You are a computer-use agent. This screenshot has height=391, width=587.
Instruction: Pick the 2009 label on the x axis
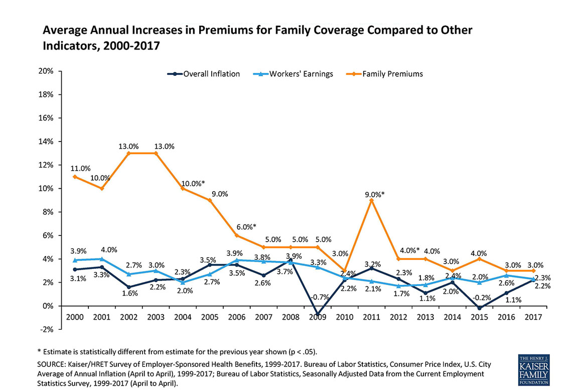317,317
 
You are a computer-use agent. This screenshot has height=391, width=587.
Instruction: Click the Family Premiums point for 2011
371,200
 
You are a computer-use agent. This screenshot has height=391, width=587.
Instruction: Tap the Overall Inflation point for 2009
318,314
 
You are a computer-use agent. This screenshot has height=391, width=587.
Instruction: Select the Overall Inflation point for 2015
480,308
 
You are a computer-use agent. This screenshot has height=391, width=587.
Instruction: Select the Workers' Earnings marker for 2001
102,259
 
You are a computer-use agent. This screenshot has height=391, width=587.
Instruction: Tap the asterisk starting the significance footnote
39,351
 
